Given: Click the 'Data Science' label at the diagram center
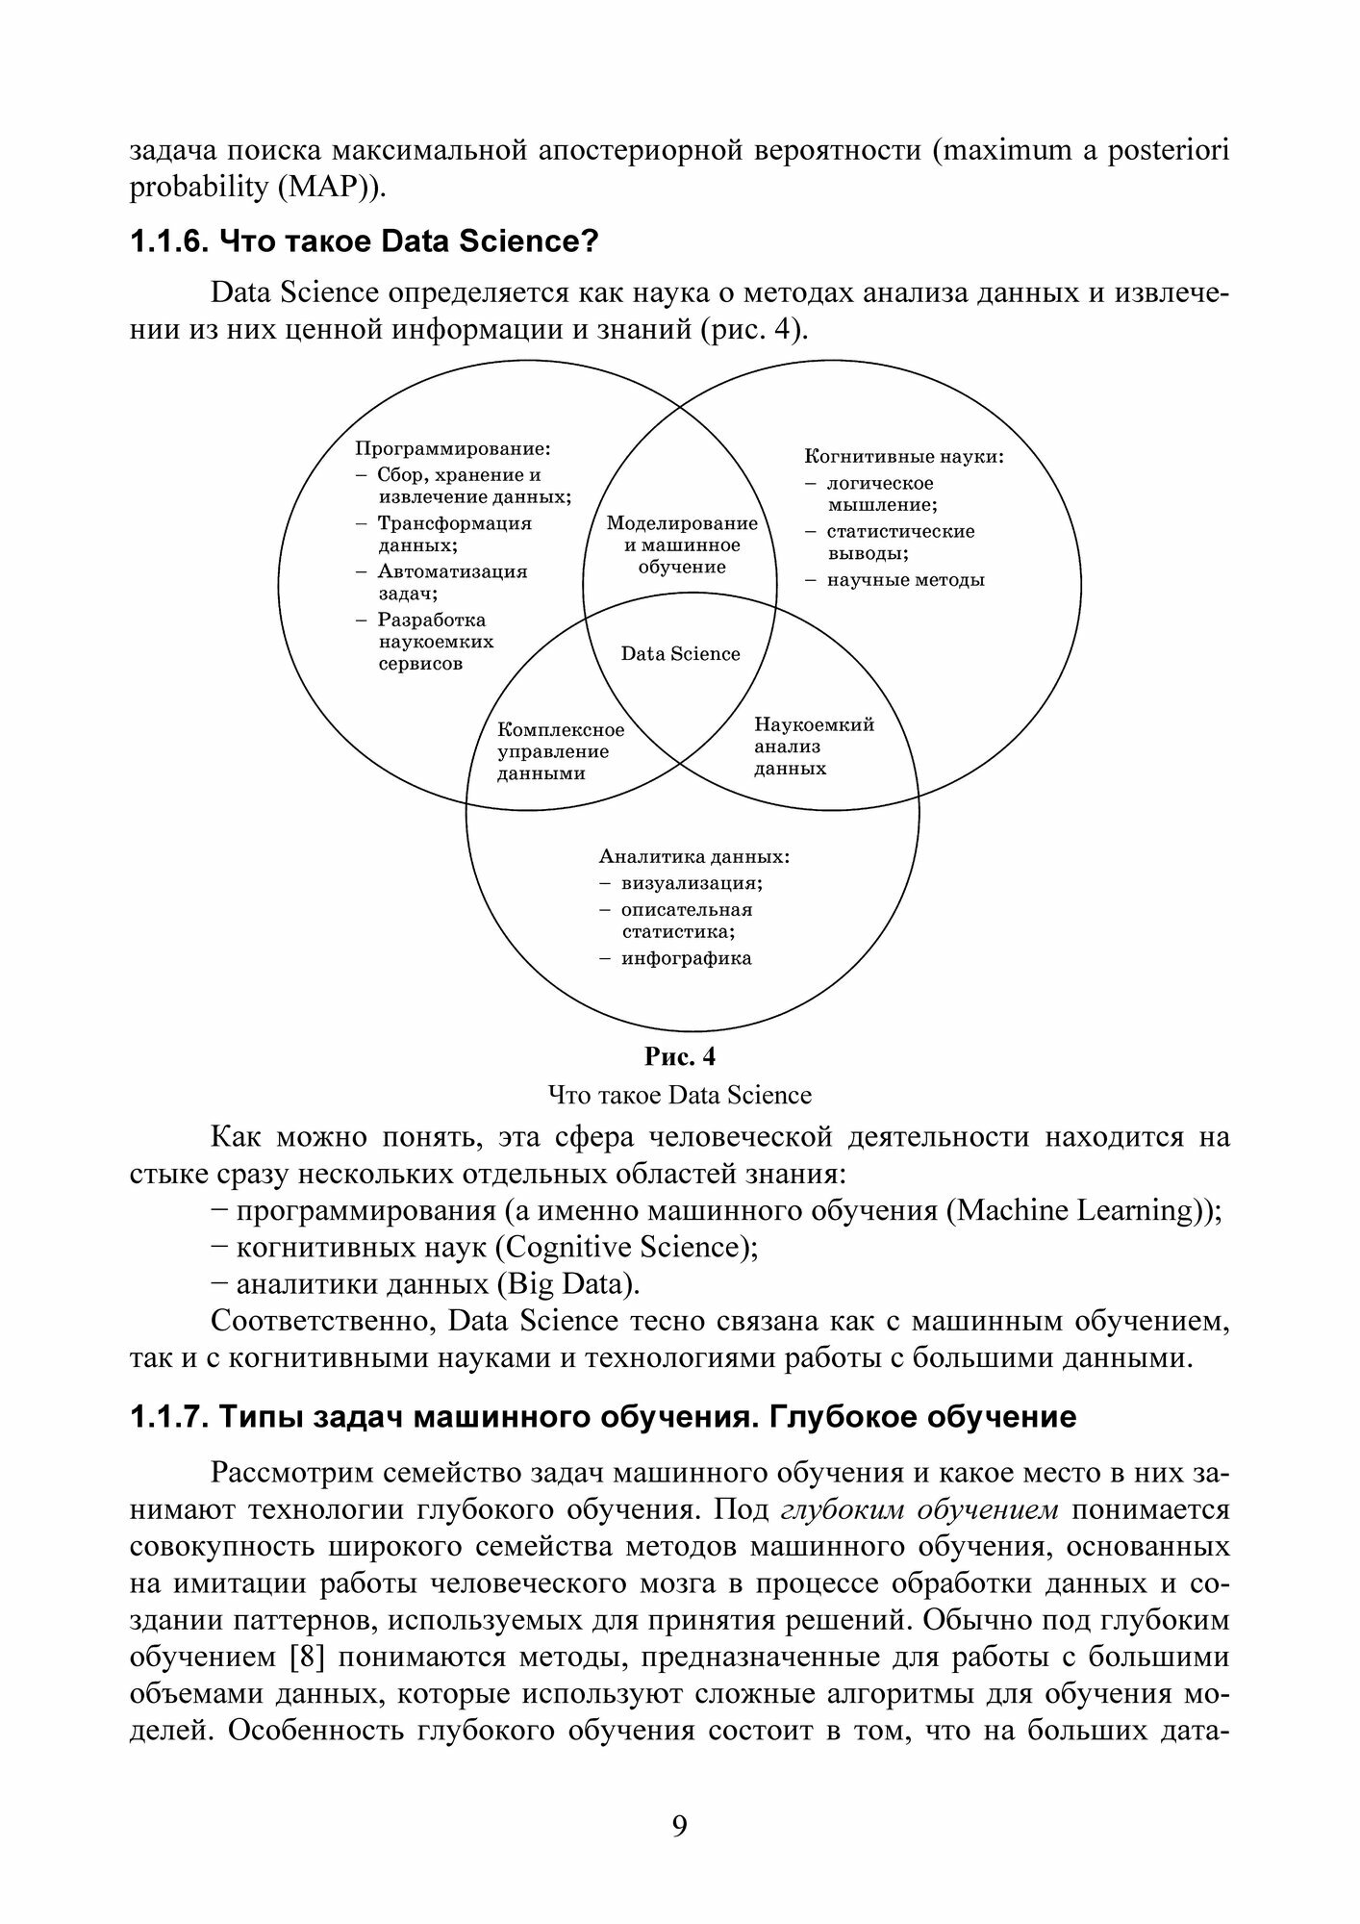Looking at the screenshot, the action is tap(680, 654).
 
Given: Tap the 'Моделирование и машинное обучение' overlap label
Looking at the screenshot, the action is tap(682, 545).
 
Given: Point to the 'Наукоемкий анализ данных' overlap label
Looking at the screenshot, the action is tap(814, 747).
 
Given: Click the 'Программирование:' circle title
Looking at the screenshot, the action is tap(452, 448).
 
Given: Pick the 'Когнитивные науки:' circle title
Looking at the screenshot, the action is tap(903, 457).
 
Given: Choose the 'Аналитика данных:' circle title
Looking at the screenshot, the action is tap(694, 856).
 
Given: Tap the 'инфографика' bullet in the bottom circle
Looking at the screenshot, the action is tap(686, 958).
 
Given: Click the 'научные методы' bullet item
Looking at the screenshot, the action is tap(905, 580).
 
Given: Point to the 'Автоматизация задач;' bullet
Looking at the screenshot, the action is tap(452, 582).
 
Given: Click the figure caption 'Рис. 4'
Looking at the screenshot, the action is tap(679, 1056).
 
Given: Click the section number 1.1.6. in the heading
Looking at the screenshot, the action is tap(169, 241).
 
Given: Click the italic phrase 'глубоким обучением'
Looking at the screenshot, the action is tap(919, 1509).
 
